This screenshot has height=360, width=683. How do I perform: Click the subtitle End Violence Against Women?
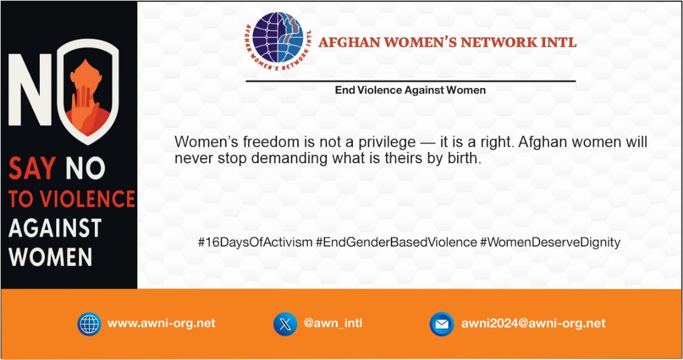click(x=410, y=90)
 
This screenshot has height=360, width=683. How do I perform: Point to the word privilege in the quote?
click(x=387, y=142)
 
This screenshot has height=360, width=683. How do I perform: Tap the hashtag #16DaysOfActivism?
click(x=255, y=242)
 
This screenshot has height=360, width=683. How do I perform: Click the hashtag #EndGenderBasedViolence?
click(x=397, y=242)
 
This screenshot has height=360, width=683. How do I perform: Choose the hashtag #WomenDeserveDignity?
click(x=550, y=242)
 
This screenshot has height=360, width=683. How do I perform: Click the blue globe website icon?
click(x=89, y=324)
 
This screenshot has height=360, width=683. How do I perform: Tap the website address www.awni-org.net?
click(x=161, y=323)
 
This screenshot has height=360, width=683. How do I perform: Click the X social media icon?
click(x=285, y=324)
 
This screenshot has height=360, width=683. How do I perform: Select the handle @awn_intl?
click(x=333, y=323)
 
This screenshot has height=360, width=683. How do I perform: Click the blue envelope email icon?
click(x=441, y=324)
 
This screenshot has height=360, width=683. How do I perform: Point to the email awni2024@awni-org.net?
click(x=533, y=323)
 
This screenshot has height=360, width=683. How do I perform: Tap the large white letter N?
click(x=30, y=89)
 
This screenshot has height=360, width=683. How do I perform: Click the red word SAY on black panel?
click(x=32, y=168)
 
